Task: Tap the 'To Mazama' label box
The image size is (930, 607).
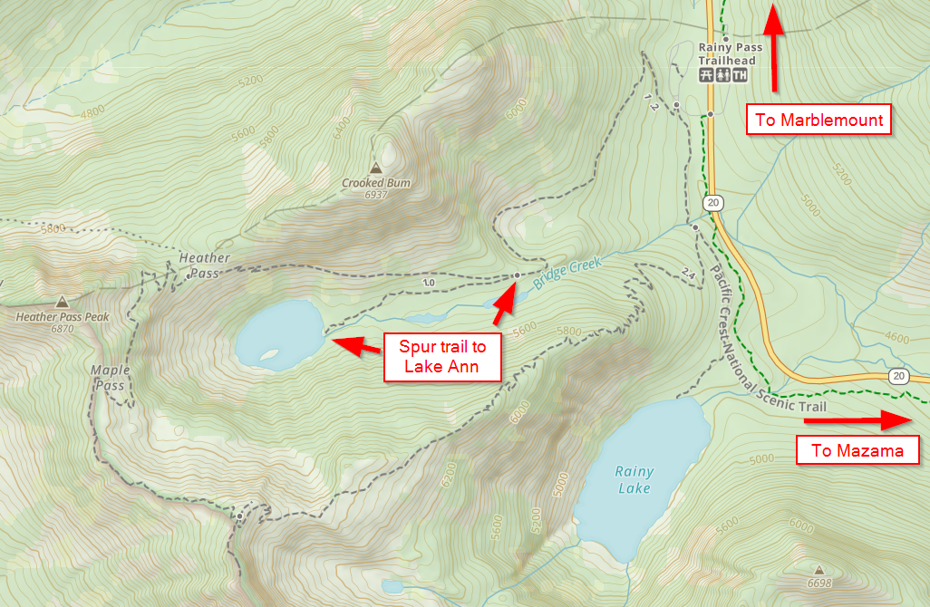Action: click(857, 450)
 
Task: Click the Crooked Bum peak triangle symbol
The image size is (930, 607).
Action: click(375, 168)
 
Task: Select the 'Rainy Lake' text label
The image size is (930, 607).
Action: click(633, 480)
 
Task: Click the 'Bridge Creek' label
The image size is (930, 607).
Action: click(567, 271)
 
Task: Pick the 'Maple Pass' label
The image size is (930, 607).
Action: click(110, 378)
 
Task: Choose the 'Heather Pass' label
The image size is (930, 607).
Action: click(204, 265)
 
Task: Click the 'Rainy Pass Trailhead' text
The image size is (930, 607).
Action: click(727, 54)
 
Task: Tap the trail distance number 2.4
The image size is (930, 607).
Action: click(687, 275)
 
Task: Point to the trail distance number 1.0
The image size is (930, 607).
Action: click(429, 283)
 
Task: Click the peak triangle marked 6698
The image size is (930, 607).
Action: click(819, 570)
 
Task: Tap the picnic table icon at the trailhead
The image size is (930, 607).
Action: click(705, 75)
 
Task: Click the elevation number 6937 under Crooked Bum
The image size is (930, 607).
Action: click(375, 195)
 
